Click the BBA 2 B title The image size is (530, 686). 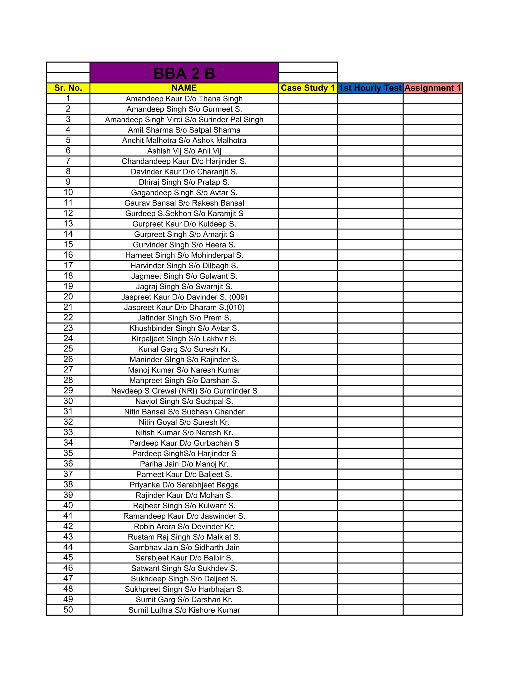point(184,74)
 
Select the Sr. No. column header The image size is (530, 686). point(68,88)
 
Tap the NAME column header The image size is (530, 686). point(184,88)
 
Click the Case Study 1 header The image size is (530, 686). point(308,88)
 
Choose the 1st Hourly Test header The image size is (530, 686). point(370,88)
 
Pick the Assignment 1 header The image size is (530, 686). point(432,88)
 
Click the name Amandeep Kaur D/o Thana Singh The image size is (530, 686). point(184,99)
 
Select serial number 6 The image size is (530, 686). point(68,150)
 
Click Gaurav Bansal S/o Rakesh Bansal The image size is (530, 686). point(184,203)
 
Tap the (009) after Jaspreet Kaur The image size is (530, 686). point(238,297)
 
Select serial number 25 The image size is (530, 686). point(68,349)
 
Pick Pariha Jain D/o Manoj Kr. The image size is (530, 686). point(184,464)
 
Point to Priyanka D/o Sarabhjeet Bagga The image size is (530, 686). point(184,485)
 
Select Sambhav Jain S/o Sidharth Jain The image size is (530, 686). point(184,548)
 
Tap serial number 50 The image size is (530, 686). point(68,610)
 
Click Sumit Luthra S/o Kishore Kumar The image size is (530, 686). point(184,610)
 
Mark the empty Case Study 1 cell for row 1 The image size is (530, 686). point(308,99)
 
